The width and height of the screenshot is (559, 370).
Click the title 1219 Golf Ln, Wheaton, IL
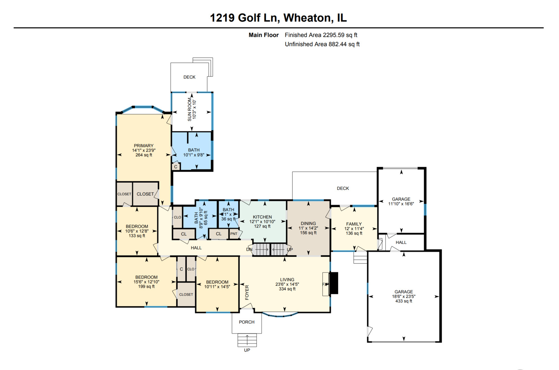pos(278,18)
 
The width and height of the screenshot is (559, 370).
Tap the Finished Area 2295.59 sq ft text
pos(321,35)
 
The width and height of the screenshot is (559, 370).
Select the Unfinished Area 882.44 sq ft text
pos(322,44)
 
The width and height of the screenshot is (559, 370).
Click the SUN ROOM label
pos(190,109)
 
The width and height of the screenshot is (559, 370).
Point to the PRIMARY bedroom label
pos(144,146)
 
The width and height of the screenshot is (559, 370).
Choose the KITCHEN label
pos(262,217)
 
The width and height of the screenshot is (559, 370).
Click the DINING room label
pos(308,223)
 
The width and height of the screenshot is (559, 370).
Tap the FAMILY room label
pos(354,224)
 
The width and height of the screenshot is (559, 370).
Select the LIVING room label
pos(287,280)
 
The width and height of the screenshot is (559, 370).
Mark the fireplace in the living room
pos(333,283)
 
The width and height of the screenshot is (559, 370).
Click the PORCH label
pos(247,322)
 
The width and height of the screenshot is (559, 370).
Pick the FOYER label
pos(247,292)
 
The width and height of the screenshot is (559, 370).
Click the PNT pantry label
pos(234,234)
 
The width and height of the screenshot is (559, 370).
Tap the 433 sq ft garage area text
pos(404,301)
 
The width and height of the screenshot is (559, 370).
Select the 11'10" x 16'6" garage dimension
pos(401,204)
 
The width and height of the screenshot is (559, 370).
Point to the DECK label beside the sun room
pos(189,77)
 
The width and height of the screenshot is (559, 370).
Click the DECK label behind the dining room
pos(343,188)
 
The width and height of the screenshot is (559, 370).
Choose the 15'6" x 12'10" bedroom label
pos(146,282)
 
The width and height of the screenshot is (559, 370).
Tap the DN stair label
pos(249,249)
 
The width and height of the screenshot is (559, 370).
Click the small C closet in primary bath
pos(176,167)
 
